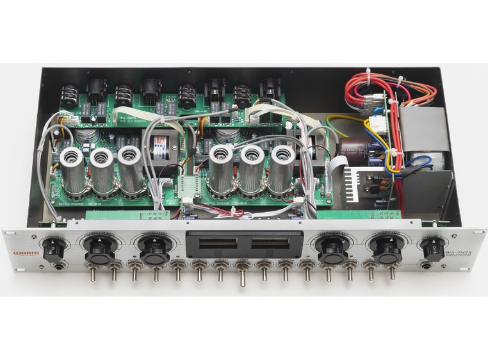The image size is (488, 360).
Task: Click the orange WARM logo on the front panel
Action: [26, 254]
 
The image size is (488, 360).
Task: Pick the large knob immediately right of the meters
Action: [332, 250]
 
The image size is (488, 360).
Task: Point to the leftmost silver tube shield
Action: [72, 172]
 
